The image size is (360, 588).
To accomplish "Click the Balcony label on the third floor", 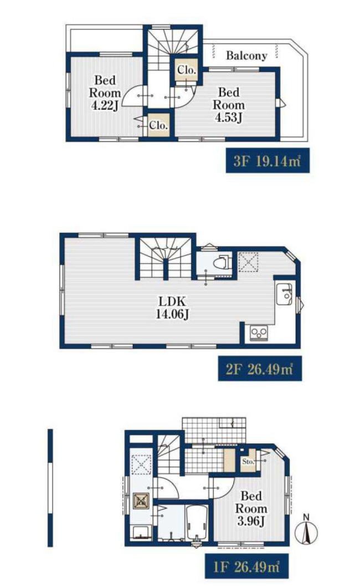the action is coord(246,55).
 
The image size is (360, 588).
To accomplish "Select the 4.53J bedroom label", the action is coord(229,105).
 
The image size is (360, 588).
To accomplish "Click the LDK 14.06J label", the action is coord(172,308).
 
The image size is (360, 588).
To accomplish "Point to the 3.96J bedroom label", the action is coord(251,509).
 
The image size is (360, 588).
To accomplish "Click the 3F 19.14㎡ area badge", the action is coord(268,161).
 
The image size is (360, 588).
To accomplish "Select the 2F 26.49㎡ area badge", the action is coord(260,369).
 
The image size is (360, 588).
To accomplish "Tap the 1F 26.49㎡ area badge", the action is coord(247,566).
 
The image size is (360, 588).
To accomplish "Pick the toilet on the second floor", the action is coord(222,262).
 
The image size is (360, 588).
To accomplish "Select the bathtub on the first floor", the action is coord(197,523).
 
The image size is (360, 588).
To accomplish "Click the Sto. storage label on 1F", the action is coord(248,461).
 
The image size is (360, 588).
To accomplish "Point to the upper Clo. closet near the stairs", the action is coord(186,70).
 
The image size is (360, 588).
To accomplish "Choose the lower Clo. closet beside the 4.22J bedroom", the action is coord(158,125).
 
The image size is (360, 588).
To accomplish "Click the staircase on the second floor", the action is coord(166,258).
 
